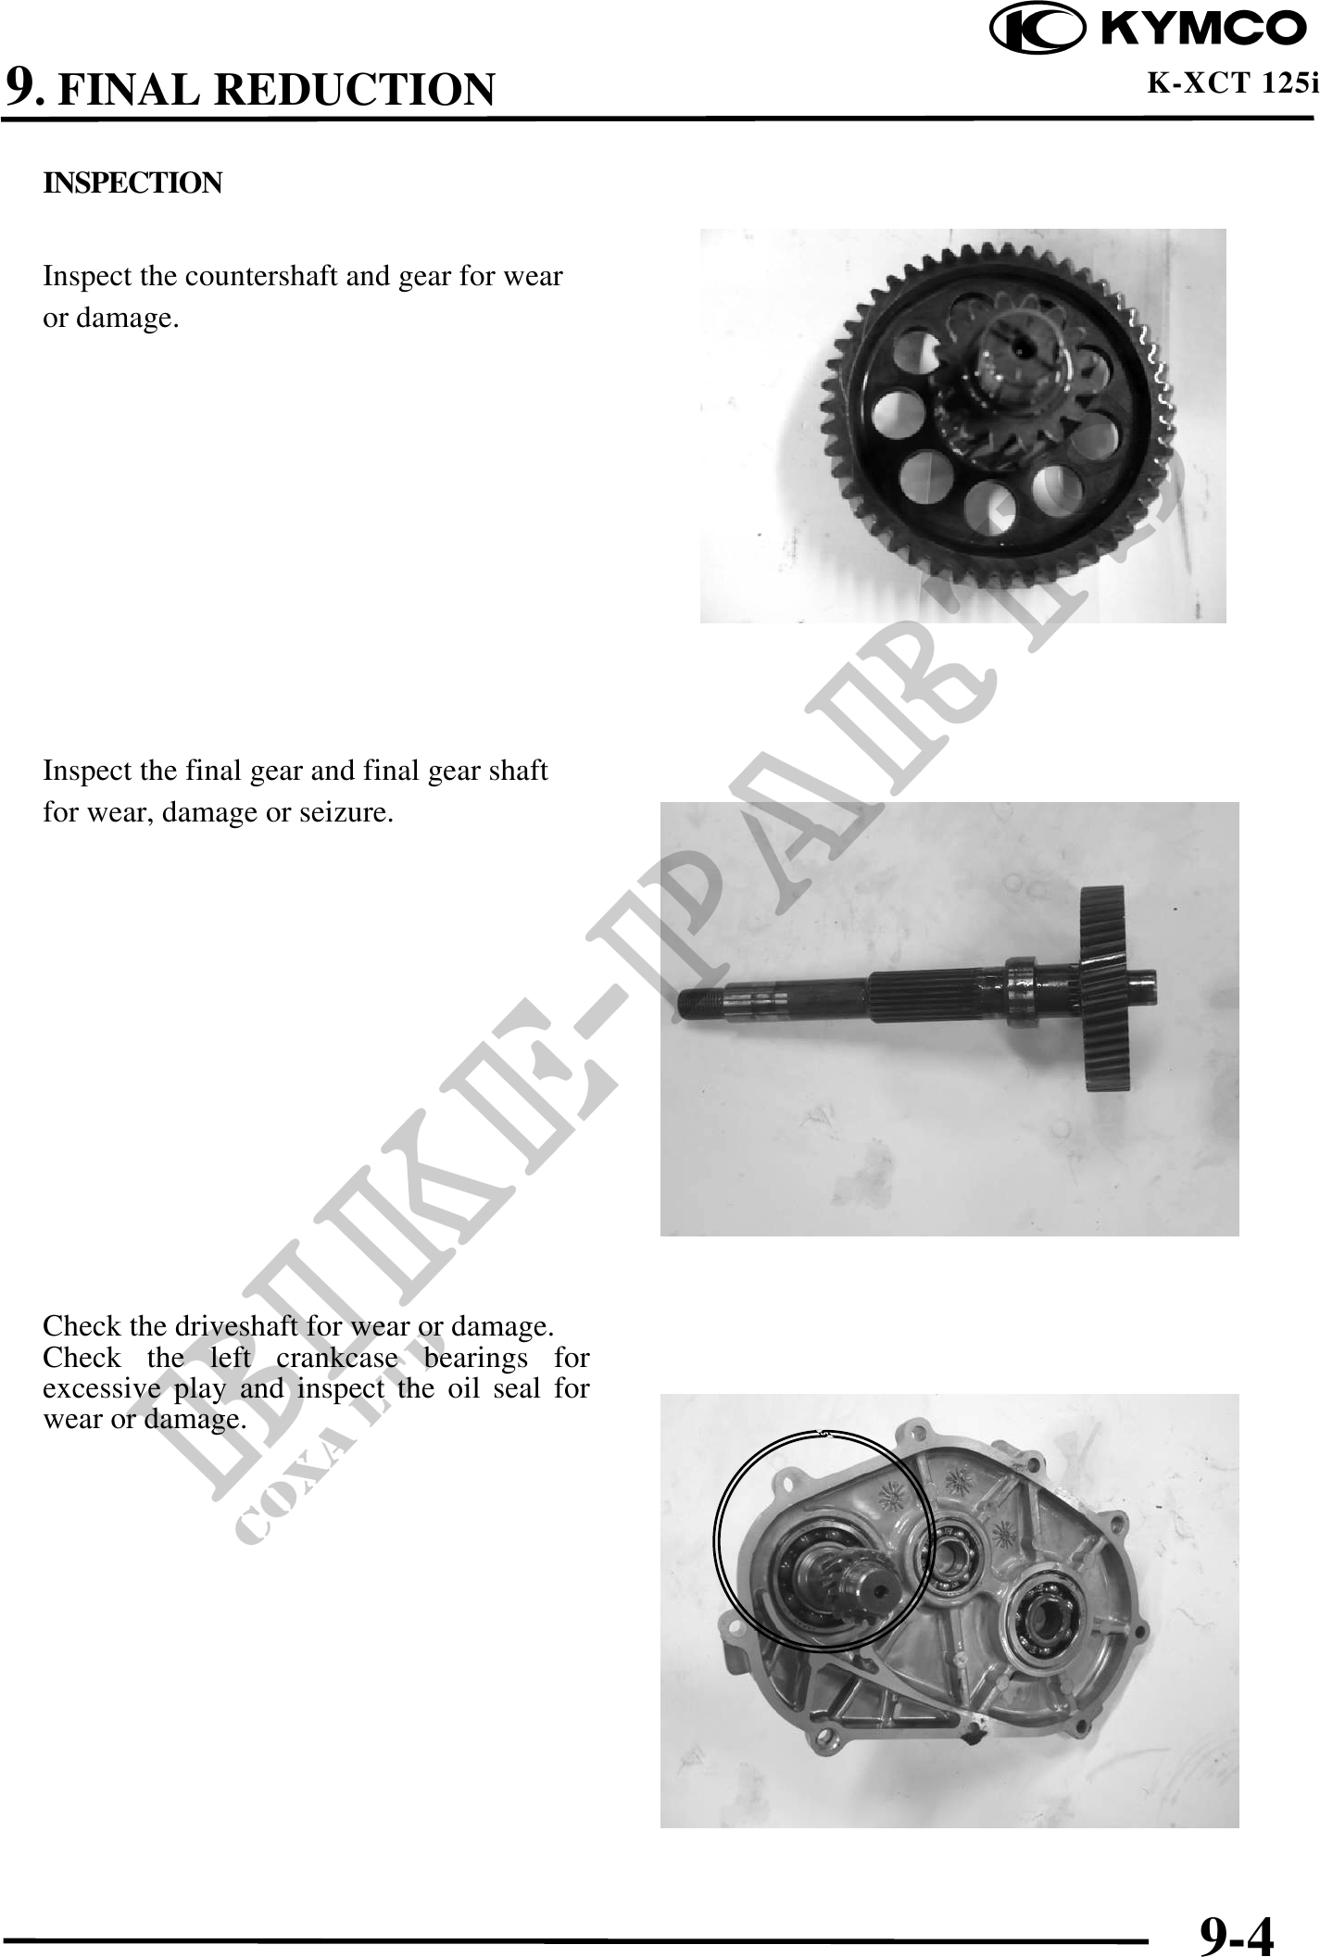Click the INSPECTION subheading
click(x=133, y=182)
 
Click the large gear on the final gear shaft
click(x=1103, y=988)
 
